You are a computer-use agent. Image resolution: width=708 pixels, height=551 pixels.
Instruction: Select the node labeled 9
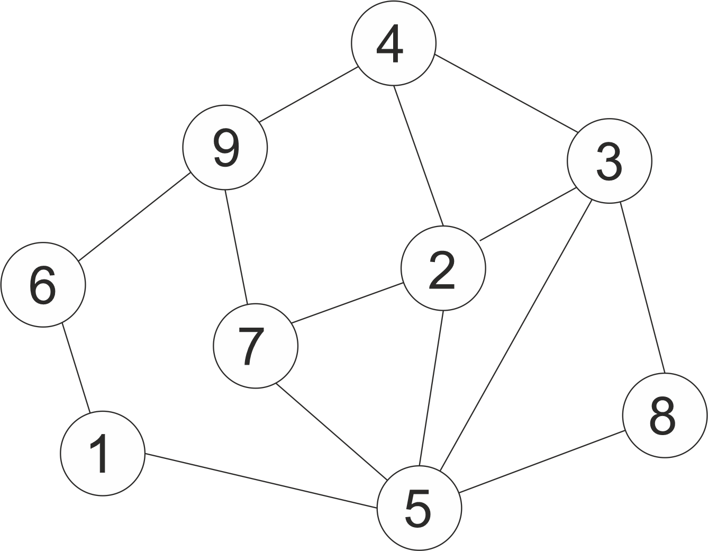(225, 147)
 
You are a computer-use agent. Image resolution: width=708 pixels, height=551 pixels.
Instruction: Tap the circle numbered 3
(609, 161)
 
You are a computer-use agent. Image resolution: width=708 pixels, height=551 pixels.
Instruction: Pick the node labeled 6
(43, 284)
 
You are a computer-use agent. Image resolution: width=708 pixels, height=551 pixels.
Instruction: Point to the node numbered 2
(443, 268)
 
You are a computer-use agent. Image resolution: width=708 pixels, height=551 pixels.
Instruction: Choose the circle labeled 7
(256, 346)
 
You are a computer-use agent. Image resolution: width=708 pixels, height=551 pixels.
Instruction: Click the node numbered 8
(664, 415)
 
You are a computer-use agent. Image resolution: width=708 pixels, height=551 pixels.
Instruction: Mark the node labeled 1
(102, 453)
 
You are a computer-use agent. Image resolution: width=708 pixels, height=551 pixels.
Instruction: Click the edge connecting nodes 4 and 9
(308, 94)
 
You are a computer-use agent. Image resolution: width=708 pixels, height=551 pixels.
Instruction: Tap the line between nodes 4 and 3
(505, 93)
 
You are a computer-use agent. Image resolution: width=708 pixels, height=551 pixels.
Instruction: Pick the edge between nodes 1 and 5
(261, 481)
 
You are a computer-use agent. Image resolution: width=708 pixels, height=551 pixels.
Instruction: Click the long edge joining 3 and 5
(516, 333)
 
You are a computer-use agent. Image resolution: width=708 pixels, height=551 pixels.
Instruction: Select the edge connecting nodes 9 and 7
(237, 247)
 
